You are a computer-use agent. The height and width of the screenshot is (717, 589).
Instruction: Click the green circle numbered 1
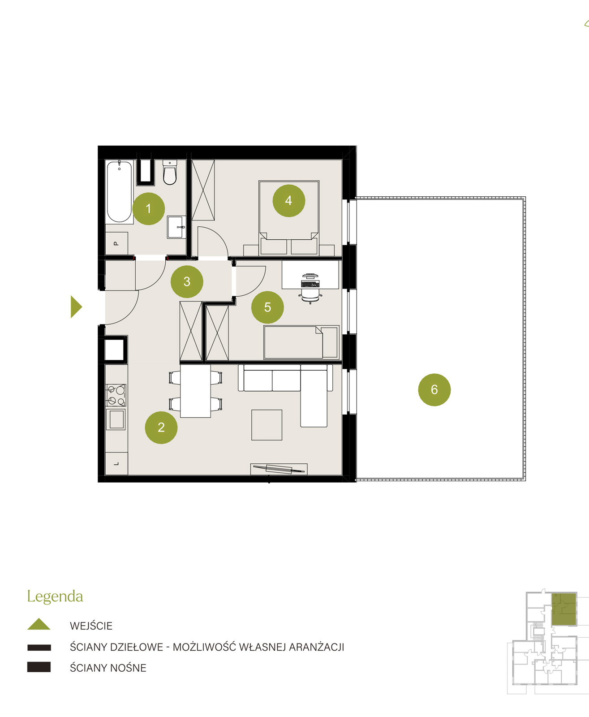[149, 208]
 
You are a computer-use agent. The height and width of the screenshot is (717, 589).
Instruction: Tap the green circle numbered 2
[161, 428]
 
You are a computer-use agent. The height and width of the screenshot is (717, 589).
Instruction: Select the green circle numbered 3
[187, 281]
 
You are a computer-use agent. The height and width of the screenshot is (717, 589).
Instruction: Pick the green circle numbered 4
[289, 201]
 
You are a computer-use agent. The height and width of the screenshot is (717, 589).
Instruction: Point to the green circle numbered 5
[267, 307]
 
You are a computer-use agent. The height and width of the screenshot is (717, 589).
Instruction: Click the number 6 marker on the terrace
[434, 389]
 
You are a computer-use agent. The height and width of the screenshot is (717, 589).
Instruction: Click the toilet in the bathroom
[170, 173]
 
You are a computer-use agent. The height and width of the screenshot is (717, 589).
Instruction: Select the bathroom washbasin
[176, 227]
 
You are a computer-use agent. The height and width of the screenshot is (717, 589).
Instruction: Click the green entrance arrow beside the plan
[75, 307]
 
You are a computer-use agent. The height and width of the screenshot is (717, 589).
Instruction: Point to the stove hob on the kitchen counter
[116, 395]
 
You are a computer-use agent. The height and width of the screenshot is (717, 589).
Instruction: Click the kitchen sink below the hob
[116, 419]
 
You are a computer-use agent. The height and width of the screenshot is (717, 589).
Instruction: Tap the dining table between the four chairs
[195, 391]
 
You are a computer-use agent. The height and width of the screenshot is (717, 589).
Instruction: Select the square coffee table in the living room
[267, 425]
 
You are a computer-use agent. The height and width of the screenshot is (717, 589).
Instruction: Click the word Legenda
[55, 596]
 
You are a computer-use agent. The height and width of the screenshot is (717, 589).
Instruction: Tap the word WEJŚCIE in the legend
[91, 626]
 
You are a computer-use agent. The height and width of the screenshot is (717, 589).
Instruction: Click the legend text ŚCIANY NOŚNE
[108, 668]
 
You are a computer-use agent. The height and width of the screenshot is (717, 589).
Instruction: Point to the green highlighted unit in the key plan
[564, 609]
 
